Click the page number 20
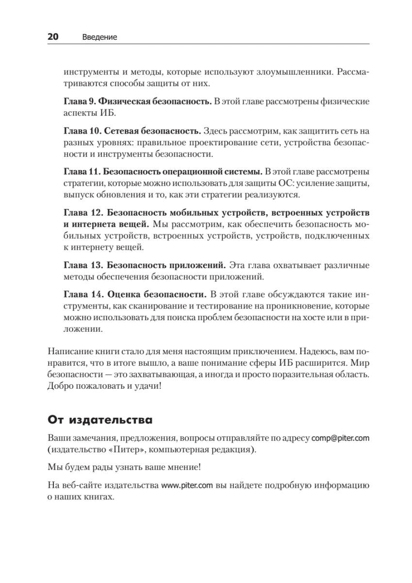[x=53, y=37]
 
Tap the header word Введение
[x=100, y=37]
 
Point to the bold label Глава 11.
[x=83, y=172]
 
